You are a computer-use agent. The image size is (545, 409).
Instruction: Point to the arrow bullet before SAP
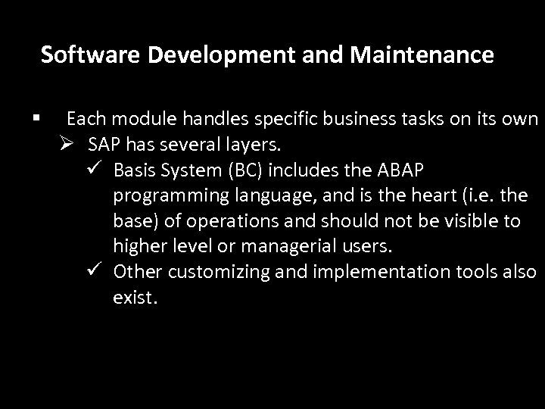click(x=72, y=144)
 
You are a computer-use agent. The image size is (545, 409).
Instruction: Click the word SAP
click(x=102, y=145)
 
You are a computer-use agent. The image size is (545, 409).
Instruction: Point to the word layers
click(x=236, y=145)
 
